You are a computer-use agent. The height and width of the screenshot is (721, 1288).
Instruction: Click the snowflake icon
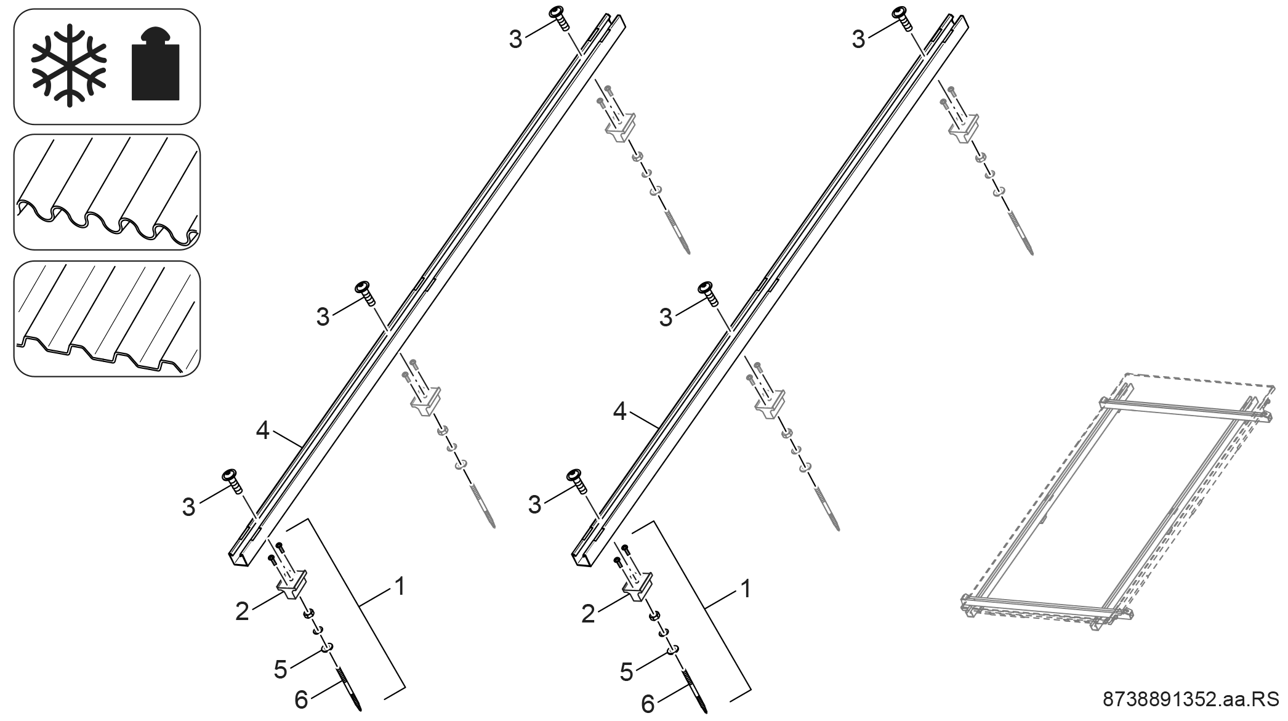[69, 65]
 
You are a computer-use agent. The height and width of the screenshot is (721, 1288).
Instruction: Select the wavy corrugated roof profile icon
[107, 192]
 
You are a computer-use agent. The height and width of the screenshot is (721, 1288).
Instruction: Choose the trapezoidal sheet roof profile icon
[107, 318]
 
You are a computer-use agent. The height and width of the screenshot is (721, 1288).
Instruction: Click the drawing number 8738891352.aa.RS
[1190, 699]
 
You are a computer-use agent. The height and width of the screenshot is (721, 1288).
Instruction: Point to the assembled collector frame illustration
[1118, 502]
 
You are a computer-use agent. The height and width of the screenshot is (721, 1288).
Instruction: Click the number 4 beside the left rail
[263, 431]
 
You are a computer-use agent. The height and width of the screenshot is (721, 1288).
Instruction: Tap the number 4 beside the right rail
[620, 412]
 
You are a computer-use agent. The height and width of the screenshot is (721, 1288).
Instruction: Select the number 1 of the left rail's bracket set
[400, 586]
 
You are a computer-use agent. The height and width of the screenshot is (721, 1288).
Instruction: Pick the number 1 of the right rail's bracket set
[746, 589]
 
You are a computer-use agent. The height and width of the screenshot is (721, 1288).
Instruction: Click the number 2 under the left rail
[242, 611]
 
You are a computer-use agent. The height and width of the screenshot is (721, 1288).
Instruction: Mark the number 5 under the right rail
[626, 672]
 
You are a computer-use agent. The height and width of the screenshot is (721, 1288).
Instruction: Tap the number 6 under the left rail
[301, 699]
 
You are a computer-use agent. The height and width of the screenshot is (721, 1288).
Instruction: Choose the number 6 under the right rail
[648, 703]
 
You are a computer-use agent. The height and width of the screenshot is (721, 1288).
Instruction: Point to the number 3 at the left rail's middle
[323, 317]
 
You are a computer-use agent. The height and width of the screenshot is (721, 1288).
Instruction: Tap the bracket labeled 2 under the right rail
[637, 584]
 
